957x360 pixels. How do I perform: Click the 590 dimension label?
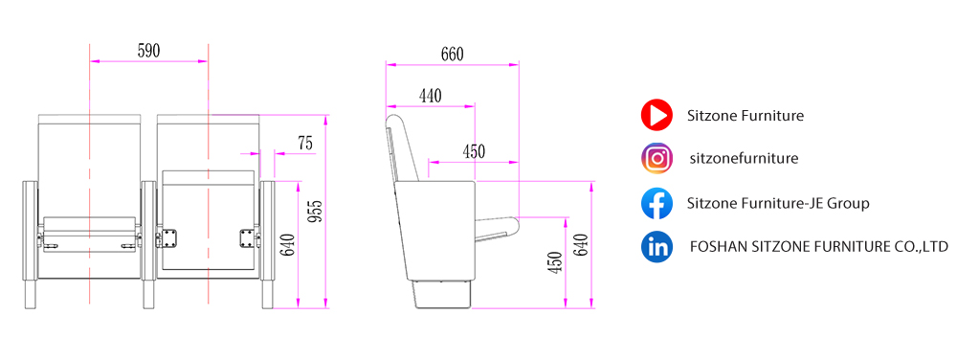(148, 52)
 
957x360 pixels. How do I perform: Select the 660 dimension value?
(453, 55)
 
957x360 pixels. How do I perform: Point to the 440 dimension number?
(431, 95)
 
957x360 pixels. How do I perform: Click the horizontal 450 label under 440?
(474, 151)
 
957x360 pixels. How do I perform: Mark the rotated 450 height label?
(555, 262)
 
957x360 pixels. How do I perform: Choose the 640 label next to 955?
(289, 245)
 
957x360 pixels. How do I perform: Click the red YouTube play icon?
(657, 115)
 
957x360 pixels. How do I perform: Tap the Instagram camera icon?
(657, 159)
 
